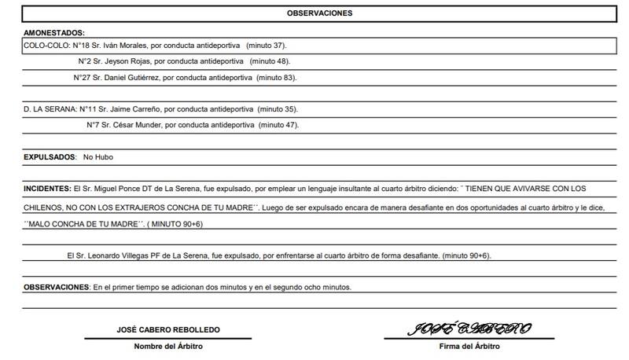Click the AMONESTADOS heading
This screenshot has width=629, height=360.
(54, 33)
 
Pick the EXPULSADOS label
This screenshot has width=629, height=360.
(50, 158)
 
